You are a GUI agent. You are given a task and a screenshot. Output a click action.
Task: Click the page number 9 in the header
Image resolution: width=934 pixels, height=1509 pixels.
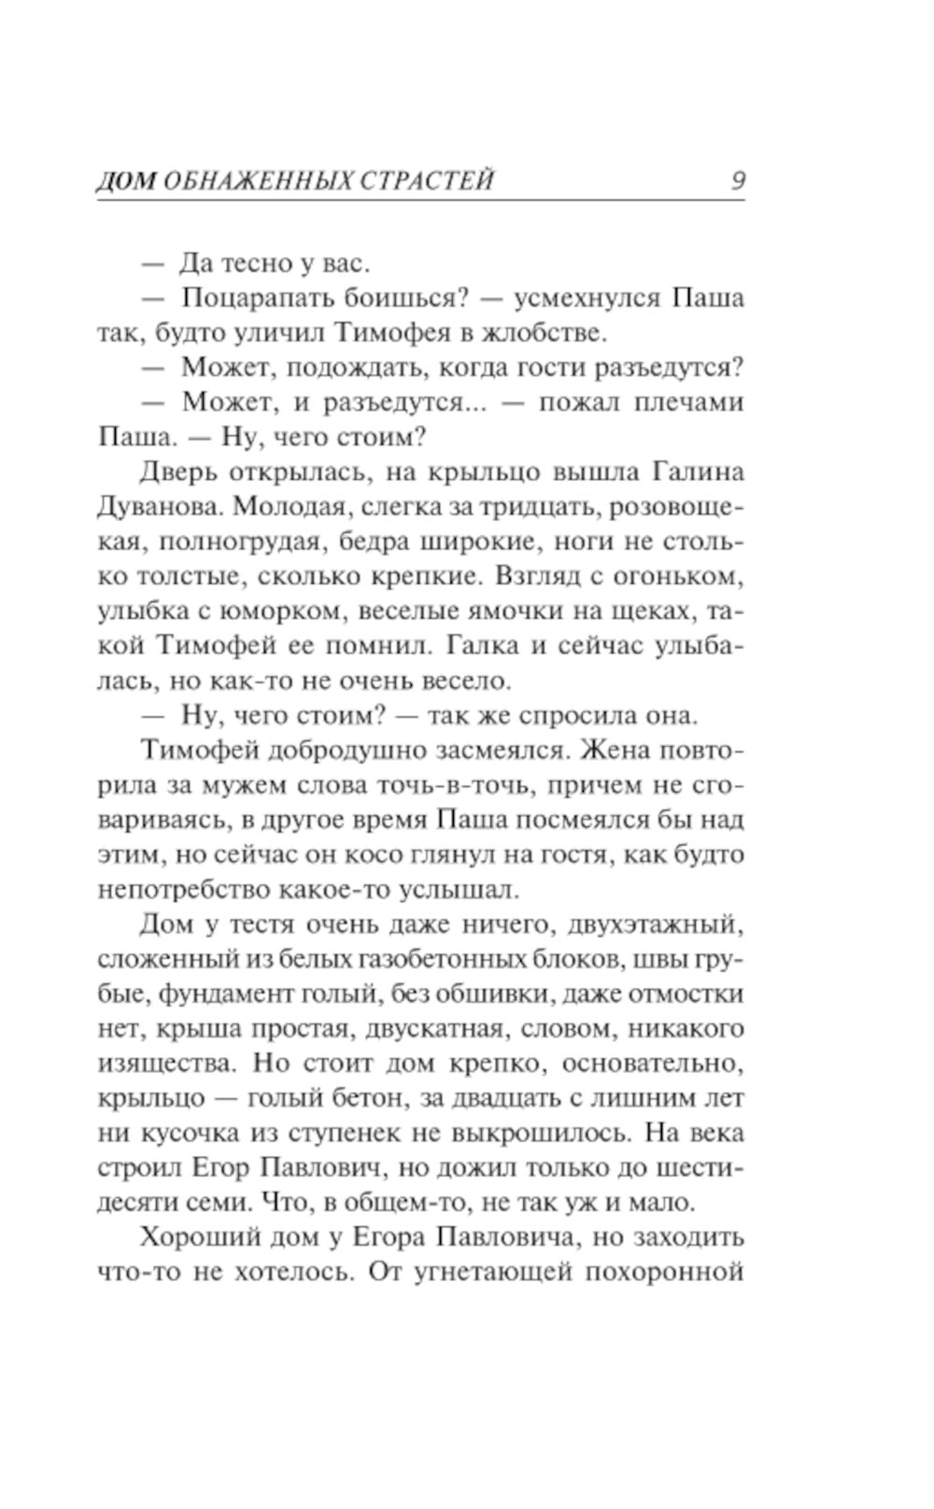coord(737,180)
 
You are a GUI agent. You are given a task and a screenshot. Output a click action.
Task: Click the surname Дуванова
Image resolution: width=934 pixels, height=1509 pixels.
coord(157,507)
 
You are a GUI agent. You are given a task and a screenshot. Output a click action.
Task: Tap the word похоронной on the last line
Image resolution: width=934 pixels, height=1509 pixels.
coord(662,1272)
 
